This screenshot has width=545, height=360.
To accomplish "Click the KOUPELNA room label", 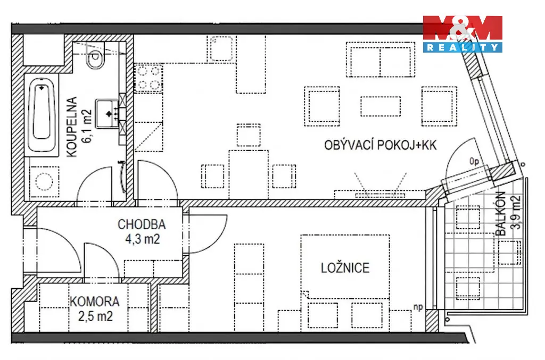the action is [x=71, y=127].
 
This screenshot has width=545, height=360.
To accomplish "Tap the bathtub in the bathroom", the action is [x=42, y=115].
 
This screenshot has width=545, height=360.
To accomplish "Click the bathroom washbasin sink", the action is [x=108, y=113].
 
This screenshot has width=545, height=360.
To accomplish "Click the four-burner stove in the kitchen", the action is [x=148, y=79].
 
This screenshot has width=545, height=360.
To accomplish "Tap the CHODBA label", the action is [x=142, y=224].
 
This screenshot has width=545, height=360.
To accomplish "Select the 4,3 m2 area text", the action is [x=142, y=239].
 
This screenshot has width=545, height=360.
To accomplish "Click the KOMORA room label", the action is [x=95, y=302].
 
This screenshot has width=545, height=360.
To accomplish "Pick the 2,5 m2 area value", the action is [x=95, y=316].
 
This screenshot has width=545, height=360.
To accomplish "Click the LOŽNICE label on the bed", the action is [x=345, y=267].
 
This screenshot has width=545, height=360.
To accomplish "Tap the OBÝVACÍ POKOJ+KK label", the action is [x=380, y=145].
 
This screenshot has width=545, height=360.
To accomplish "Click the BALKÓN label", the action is [x=500, y=213].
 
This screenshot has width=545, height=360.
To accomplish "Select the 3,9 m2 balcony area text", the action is [x=516, y=213].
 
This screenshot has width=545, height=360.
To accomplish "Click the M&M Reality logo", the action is [x=463, y=34].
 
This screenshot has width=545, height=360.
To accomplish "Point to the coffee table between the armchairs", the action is [x=380, y=106].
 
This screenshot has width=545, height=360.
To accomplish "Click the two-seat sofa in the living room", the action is [x=380, y=60].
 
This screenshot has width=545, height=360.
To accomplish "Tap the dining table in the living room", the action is [x=248, y=174].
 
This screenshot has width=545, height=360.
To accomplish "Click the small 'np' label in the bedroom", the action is [x=418, y=307].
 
